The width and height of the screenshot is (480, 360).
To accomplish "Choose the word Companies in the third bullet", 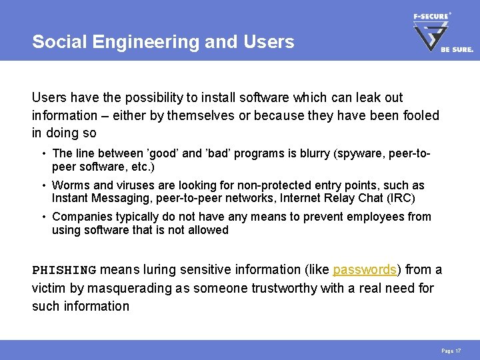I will (80, 217).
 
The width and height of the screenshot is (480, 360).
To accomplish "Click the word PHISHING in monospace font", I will (64, 270).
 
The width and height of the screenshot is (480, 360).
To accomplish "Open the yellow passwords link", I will (365, 270).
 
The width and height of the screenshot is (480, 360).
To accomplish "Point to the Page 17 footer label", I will (451, 351).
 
